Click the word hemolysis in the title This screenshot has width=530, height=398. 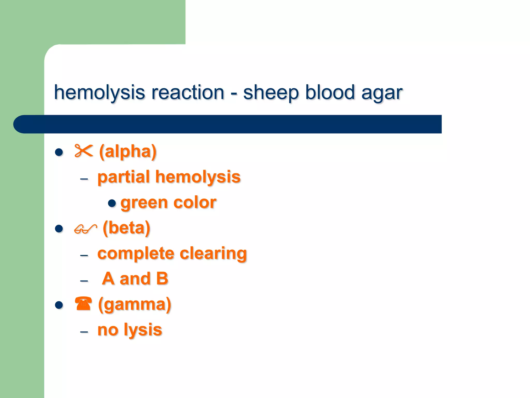99,93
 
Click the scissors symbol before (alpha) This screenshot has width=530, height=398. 84,151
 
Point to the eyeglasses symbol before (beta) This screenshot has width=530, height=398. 85,229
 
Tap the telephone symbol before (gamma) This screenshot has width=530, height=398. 83,304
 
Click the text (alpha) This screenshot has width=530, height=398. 128,152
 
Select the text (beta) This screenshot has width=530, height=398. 126,228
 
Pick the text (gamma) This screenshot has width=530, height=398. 135,304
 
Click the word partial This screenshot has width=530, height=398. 124,177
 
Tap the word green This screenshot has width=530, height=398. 144,203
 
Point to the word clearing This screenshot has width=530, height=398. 213,253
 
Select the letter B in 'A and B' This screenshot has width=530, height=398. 162,279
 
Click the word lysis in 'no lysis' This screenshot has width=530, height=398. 143,330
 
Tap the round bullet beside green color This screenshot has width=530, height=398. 112,203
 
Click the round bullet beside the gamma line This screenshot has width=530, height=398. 59,305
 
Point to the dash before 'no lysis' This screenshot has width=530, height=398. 84,332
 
